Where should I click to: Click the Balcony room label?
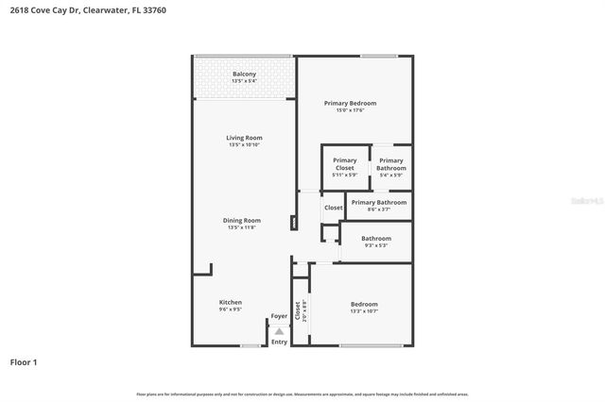point(244,74)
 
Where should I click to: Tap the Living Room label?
point(244,138)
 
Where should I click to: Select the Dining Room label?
point(243,221)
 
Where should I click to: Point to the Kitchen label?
point(231,302)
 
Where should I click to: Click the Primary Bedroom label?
point(350,103)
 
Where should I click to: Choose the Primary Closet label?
point(344,160)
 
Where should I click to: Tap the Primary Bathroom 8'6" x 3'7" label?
point(379,202)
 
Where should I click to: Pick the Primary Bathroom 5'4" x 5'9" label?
point(390,160)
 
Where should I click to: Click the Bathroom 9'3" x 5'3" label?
point(376,239)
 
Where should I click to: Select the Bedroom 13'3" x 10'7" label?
point(364,304)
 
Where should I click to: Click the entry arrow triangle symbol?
point(279,330)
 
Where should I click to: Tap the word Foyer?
point(279,316)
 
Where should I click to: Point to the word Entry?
point(279,342)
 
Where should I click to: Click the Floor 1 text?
point(24,361)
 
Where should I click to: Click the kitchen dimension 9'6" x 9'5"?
point(231,309)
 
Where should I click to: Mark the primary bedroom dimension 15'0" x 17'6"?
point(350,110)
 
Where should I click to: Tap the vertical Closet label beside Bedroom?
point(297,310)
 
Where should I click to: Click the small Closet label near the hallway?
point(334,208)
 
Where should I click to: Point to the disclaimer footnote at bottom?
point(302,394)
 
